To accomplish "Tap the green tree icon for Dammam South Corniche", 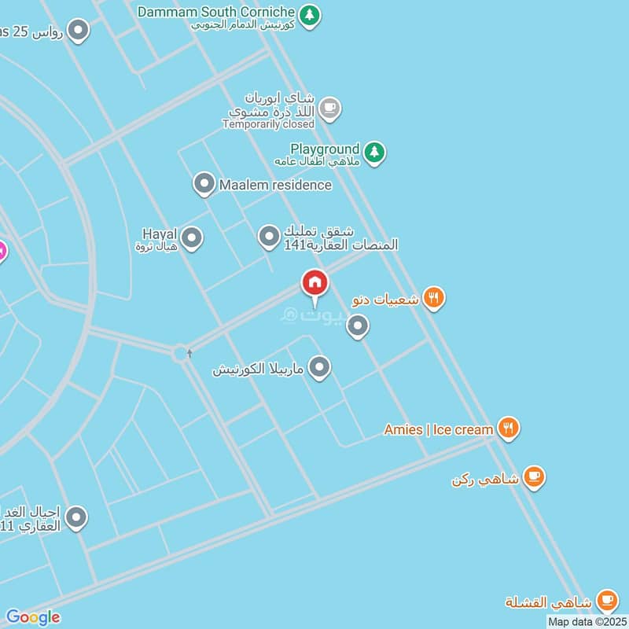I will [311, 15].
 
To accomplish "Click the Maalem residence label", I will [275, 185].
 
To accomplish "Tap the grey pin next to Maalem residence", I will [204, 185].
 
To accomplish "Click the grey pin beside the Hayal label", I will [192, 237].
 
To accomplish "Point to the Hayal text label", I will [160, 234].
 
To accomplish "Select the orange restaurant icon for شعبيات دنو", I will [434, 298].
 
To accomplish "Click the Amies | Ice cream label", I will [438, 429].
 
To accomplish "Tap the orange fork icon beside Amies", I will [509, 429].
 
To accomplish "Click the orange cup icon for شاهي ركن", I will [535, 476].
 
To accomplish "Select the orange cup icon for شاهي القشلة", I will [606, 601].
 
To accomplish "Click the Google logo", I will [33, 617].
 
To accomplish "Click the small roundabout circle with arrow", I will [182, 354].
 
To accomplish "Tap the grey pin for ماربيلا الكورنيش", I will [319, 367].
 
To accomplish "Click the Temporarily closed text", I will [268, 124].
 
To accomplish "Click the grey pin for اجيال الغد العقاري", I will [76, 517].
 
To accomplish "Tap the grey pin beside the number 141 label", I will [270, 236].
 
